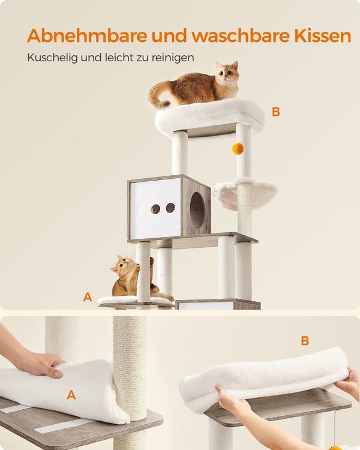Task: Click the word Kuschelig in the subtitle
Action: tap(53, 58)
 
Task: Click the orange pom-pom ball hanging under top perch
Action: tap(238, 149)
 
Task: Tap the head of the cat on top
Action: tap(227, 73)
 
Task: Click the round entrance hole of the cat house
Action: tap(197, 211)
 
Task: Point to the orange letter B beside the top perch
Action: tap(276, 112)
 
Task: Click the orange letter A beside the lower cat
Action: tap(88, 297)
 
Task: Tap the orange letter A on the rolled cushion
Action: tap(71, 395)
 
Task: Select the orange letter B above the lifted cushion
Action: tap(305, 341)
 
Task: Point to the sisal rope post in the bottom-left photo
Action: tap(130, 382)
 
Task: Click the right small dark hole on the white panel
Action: tap(170, 208)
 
